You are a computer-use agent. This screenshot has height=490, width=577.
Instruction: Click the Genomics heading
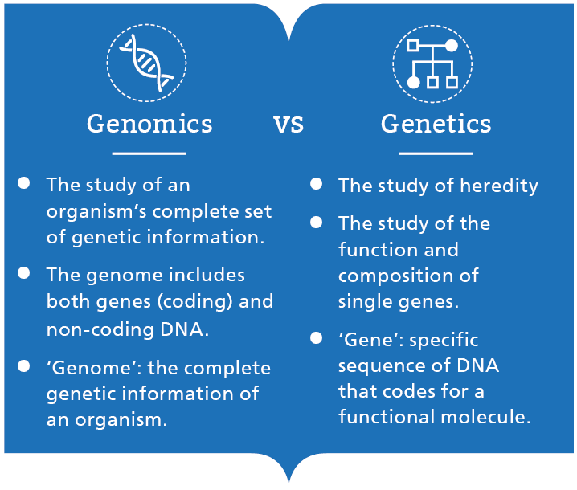[149, 124]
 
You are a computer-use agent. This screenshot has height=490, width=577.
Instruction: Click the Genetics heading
[436, 124]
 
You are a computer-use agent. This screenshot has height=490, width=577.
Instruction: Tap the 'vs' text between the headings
[288, 125]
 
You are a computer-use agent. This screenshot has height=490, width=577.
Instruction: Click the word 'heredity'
[498, 186]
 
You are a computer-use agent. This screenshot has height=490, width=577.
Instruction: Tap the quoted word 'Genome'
[80, 368]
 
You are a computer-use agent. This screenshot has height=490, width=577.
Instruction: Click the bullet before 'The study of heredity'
[317, 184]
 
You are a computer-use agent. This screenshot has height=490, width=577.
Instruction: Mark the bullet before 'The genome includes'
[24, 273]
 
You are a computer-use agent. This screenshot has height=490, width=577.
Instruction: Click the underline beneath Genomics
[149, 153]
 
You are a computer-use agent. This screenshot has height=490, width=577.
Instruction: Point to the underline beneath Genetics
[436, 153]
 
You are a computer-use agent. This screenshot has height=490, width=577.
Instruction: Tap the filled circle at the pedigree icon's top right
[452, 46]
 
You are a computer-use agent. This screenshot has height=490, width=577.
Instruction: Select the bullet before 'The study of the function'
[317, 222]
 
